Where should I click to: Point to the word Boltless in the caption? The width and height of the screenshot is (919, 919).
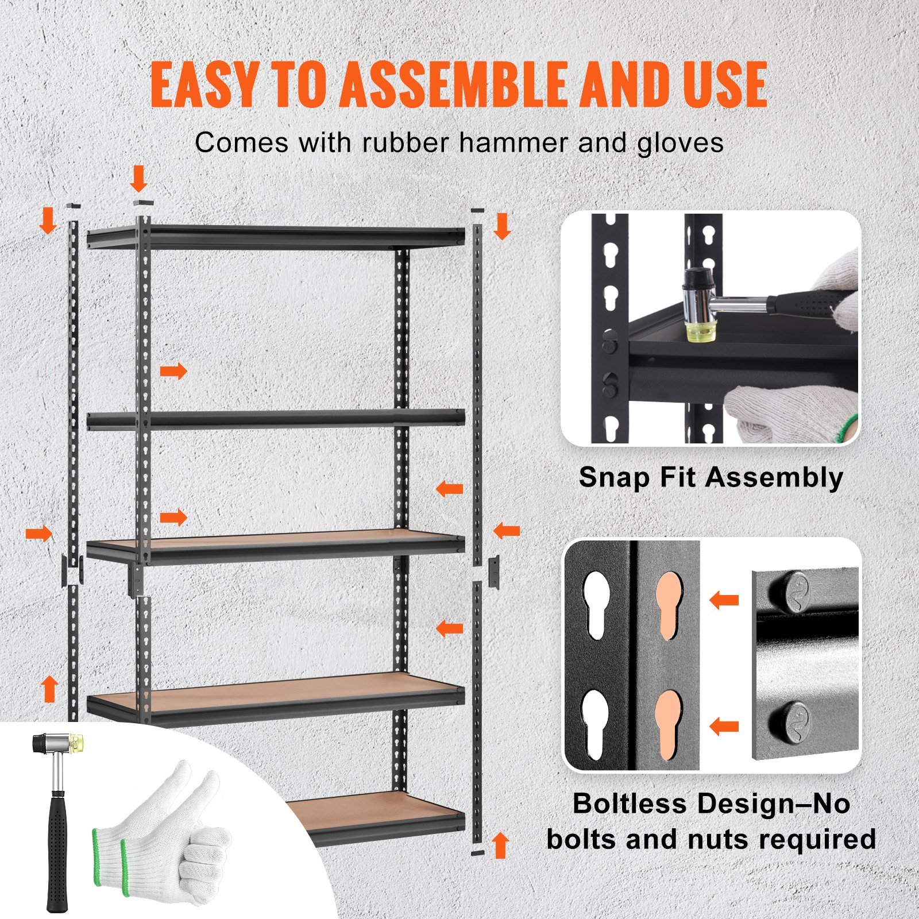(x=629, y=804)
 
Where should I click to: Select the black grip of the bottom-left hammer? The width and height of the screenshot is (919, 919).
(x=57, y=850)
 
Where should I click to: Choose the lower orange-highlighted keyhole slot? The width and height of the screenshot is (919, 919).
(x=669, y=724)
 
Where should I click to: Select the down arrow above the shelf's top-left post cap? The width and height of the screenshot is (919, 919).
(x=139, y=179)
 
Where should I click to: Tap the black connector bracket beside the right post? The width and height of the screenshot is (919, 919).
(x=493, y=572)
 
